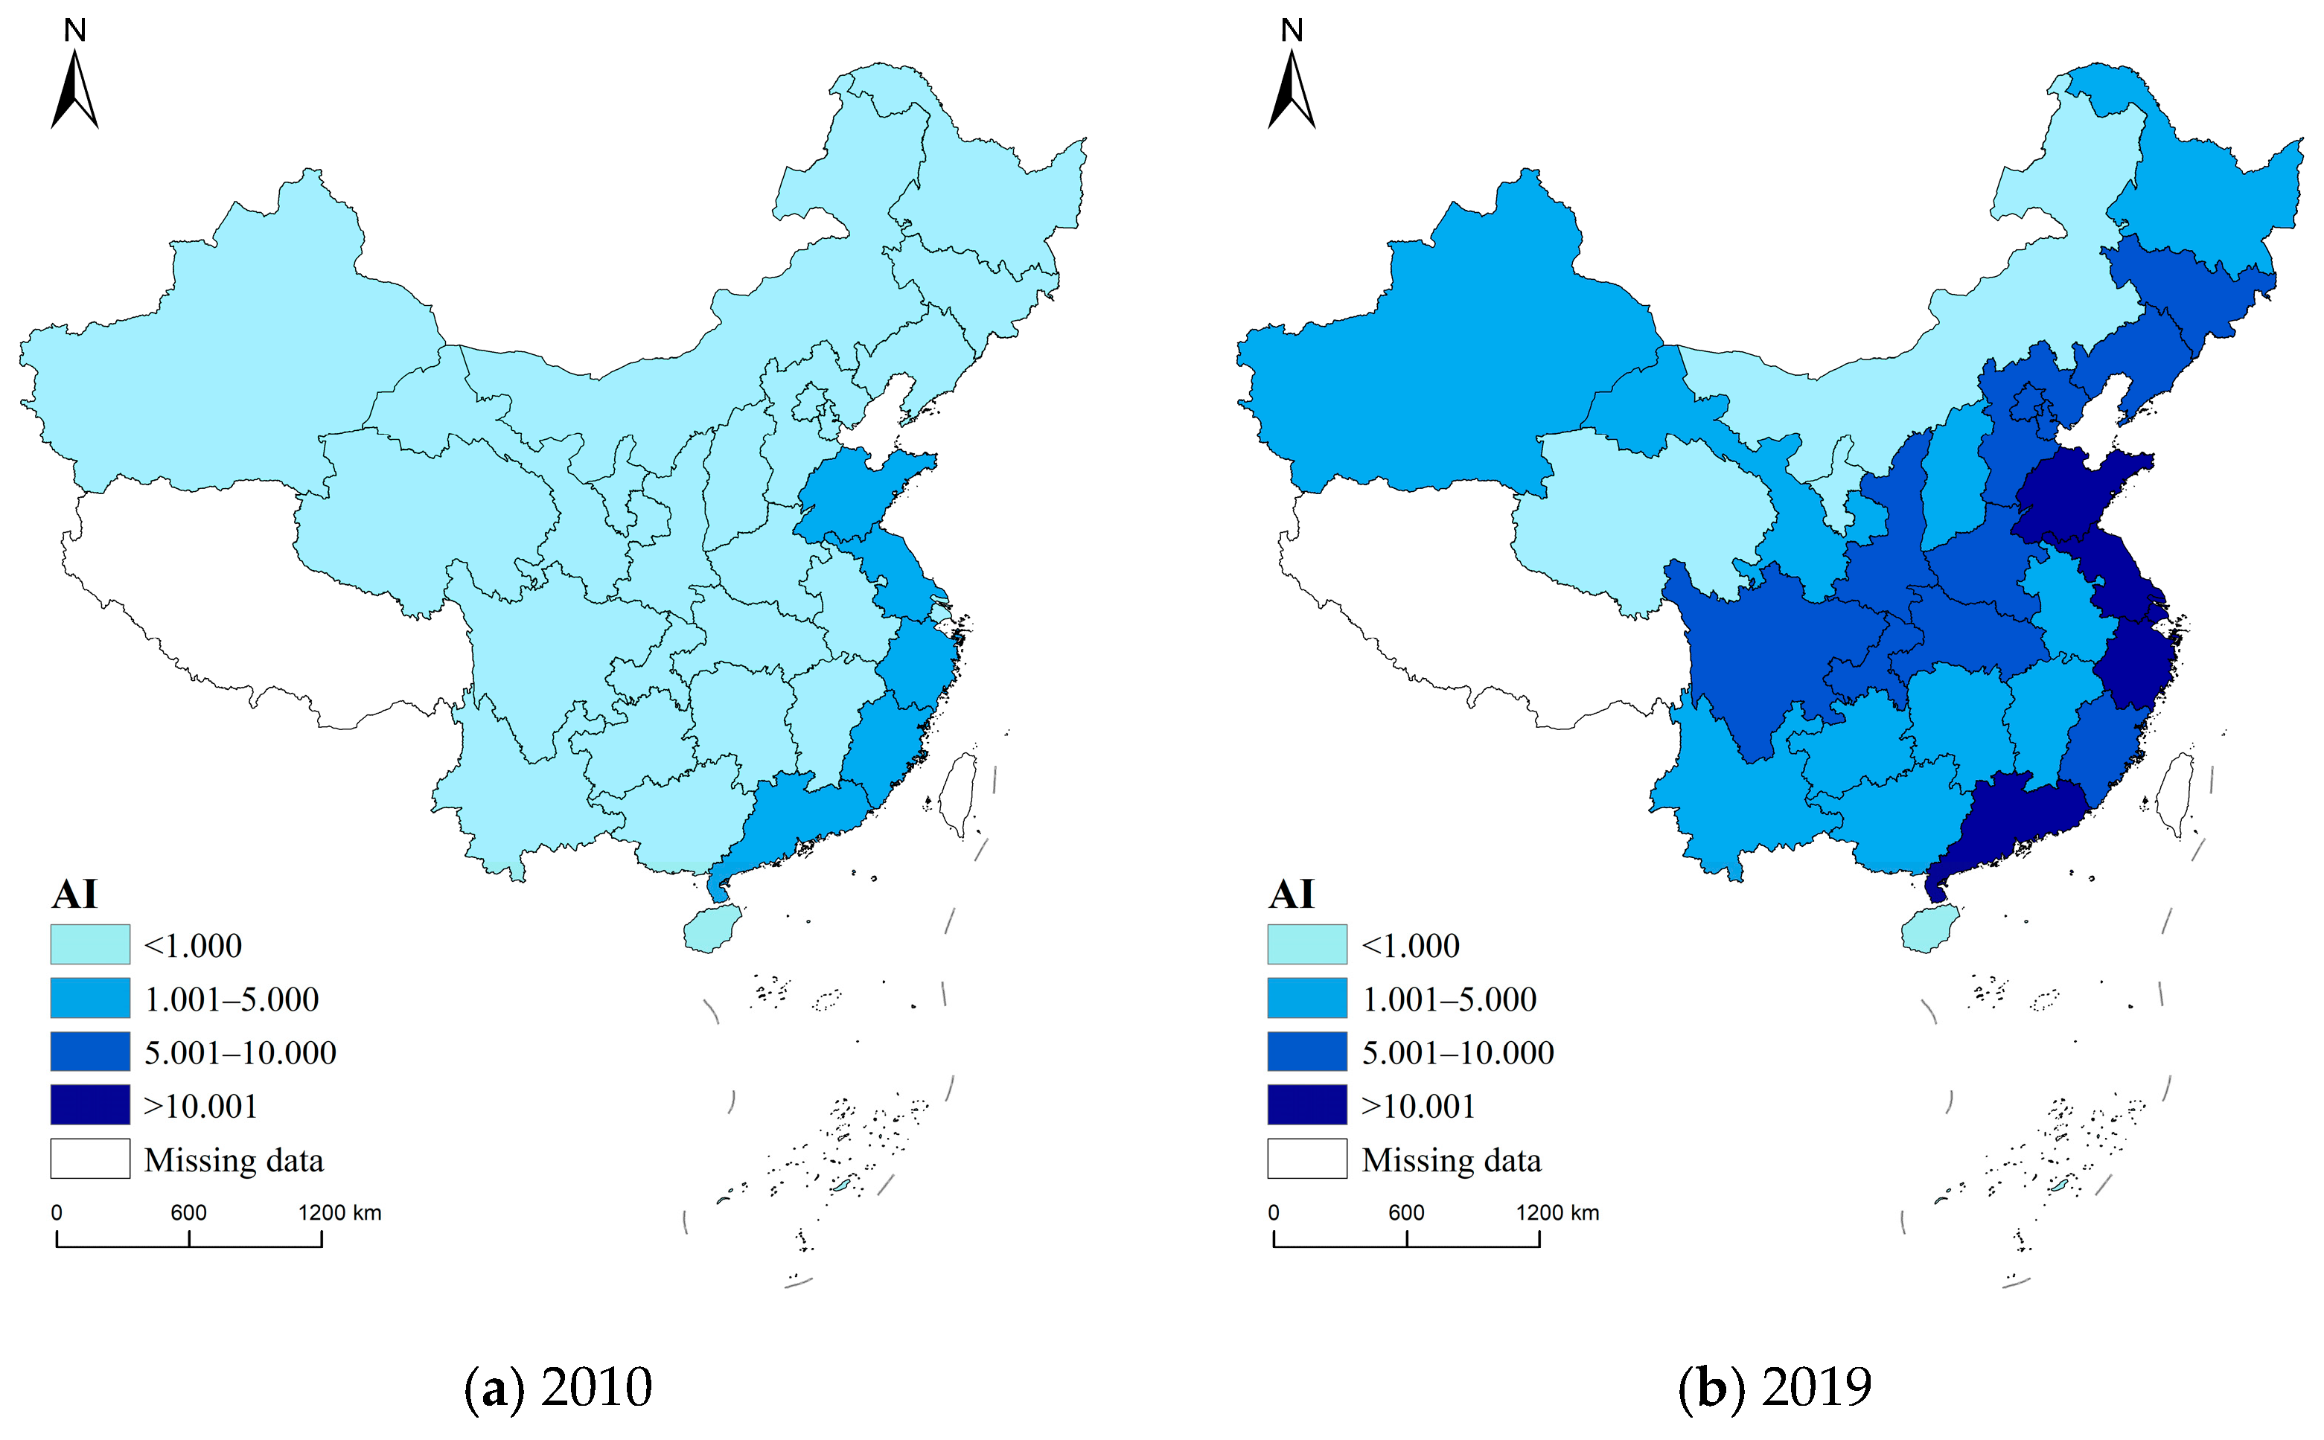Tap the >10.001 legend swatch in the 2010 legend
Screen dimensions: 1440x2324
91,1105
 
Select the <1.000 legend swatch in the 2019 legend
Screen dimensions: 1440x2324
1306,944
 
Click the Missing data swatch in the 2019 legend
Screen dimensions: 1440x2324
1306,1159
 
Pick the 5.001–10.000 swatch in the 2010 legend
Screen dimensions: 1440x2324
91,1052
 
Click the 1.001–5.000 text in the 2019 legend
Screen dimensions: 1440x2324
1449,999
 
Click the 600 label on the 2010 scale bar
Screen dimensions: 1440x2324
188,1212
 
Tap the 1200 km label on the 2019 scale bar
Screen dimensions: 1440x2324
1557,1212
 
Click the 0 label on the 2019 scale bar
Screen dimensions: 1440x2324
1274,1212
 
